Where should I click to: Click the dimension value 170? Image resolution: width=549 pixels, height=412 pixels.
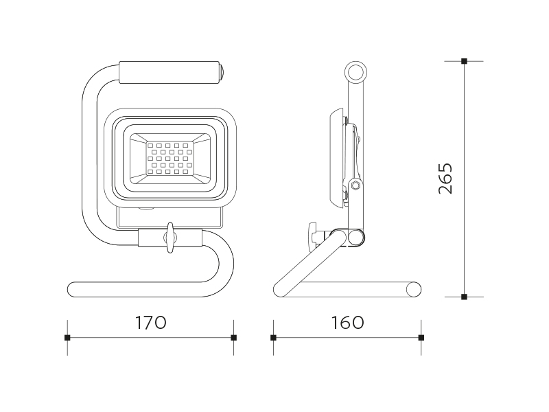pos(150,323)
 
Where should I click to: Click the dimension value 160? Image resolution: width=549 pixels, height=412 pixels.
pos(347,323)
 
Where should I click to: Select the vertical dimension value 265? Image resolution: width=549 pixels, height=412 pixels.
pos(445,179)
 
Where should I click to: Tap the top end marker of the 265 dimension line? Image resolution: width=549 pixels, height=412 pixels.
pos(465,61)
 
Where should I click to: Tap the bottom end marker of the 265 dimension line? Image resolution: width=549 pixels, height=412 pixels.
pos(465,297)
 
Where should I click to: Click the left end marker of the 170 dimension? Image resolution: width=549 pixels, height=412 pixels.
pos(67,338)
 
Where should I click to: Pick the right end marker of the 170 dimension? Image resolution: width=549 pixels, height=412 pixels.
pos(234,338)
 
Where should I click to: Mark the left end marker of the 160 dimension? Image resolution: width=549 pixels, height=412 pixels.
pos(273,338)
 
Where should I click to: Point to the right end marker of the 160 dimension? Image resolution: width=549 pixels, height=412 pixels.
pos(421,338)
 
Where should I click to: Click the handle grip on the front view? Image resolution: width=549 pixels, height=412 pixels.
pos(170,73)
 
